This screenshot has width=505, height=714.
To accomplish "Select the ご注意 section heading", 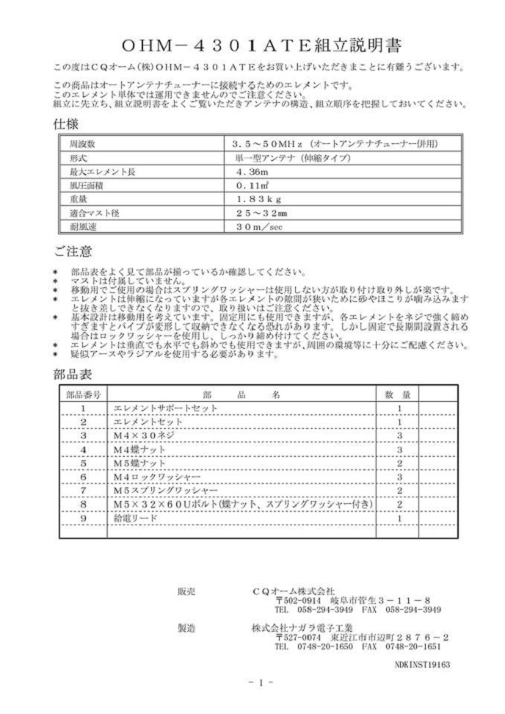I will [x=73, y=251].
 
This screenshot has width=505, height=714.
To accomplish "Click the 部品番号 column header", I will [x=84, y=394].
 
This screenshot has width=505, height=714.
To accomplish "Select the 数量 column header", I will [x=398, y=394].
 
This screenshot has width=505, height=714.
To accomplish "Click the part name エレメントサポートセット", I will [x=161, y=408].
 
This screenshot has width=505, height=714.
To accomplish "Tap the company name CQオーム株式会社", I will [x=293, y=590].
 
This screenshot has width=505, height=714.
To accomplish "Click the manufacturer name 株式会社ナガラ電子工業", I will [x=302, y=628].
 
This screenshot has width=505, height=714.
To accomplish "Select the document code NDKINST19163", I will [x=421, y=663].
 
